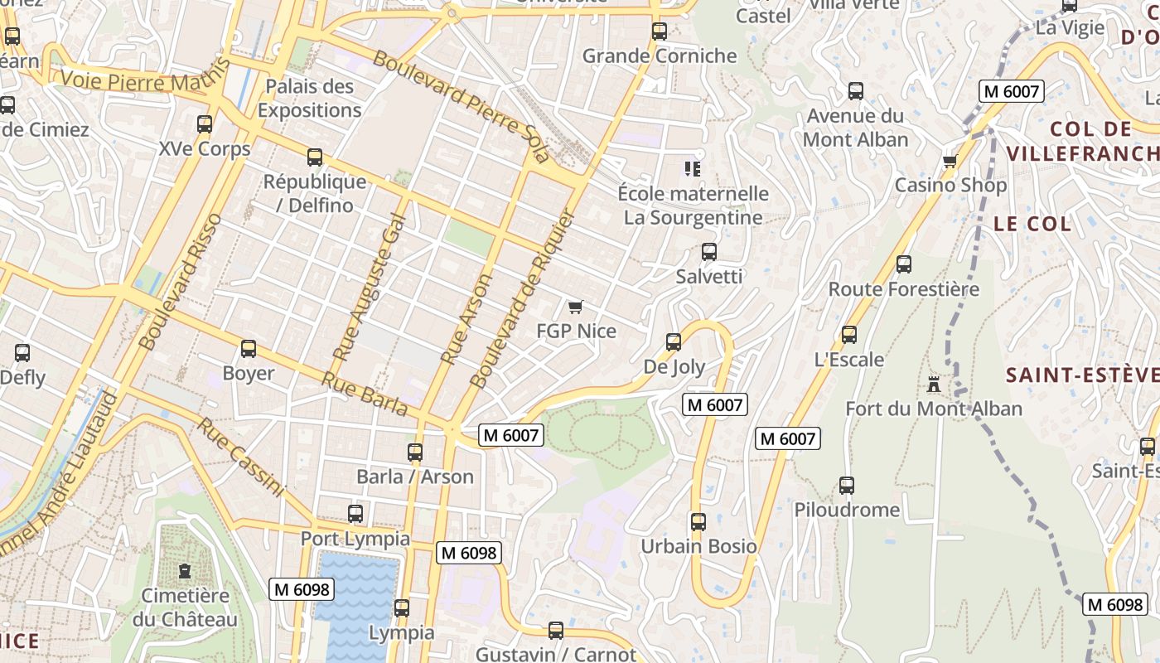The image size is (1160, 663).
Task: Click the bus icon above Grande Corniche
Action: (660, 31)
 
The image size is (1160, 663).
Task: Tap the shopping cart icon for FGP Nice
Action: (576, 307)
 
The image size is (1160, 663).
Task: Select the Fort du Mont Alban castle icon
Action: (934, 385)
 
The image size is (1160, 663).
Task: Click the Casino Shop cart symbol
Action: (950, 161)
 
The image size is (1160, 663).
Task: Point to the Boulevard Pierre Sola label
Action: (461, 106)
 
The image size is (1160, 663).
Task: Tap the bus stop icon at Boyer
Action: (249, 349)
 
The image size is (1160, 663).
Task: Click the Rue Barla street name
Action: (365, 394)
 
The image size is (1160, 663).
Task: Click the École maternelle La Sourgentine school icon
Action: (693, 169)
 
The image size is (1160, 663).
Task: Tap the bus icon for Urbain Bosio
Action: (698, 522)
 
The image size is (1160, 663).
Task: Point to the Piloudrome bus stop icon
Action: (847, 486)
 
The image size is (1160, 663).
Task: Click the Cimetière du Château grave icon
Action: (185, 572)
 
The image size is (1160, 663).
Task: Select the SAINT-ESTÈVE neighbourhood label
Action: (1082, 375)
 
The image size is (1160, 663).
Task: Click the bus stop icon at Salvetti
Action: (709, 252)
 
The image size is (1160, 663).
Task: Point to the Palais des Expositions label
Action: (309, 98)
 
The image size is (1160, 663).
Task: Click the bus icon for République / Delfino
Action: (315, 157)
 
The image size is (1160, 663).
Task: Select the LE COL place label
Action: (1032, 224)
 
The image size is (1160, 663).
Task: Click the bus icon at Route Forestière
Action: (904, 264)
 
